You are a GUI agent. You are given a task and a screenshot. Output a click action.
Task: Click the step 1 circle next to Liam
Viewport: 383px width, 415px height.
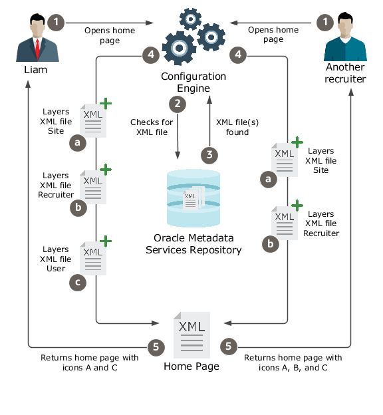(x=57, y=23)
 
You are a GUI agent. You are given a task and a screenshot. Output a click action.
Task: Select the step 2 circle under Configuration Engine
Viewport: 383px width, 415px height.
(x=177, y=103)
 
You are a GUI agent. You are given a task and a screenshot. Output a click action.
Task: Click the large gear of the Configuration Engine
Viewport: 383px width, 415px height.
(x=179, y=48)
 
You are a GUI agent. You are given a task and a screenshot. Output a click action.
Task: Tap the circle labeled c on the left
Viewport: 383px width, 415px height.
(x=78, y=283)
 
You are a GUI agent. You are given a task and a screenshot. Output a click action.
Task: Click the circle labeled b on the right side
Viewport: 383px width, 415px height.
(x=269, y=244)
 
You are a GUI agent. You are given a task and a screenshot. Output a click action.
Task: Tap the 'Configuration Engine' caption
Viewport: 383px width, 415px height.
(x=193, y=82)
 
